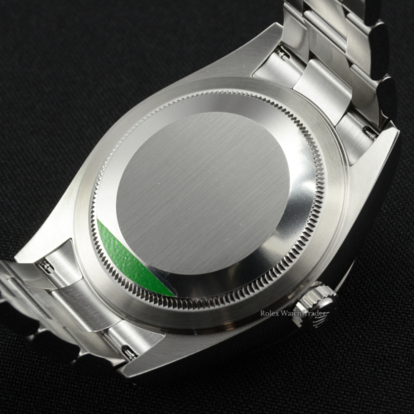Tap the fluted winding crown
pyautogui.click(x=315, y=307)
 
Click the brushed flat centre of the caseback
pyautogui.click(x=203, y=193)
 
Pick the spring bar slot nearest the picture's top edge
pyautogui.click(x=284, y=51)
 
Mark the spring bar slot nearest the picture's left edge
pyautogui.click(x=44, y=267)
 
